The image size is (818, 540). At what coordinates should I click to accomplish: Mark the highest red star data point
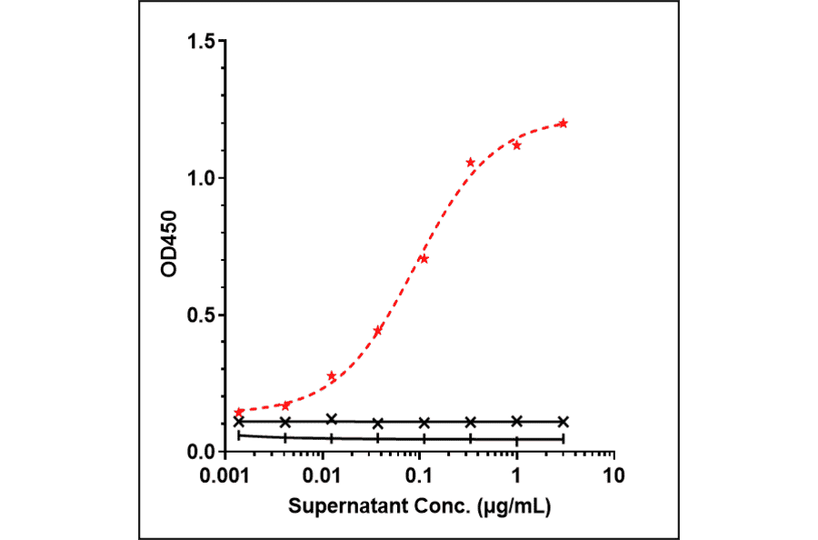click(x=563, y=123)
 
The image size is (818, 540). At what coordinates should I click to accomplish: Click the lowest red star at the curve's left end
click(x=239, y=412)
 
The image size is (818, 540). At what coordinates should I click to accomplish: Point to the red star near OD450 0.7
click(x=424, y=259)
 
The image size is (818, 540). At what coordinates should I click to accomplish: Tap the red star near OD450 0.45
click(x=378, y=331)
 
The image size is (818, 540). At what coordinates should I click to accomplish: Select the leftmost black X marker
click(x=239, y=422)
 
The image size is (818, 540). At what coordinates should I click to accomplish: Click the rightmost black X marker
click(x=563, y=422)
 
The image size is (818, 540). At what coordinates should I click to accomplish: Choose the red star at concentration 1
click(x=516, y=145)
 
